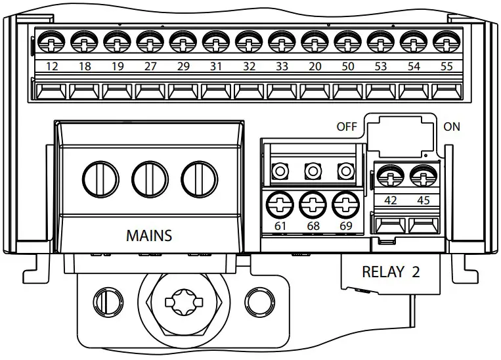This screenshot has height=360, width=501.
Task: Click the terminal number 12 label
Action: coord(52,66)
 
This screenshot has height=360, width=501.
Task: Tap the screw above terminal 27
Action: coord(150,42)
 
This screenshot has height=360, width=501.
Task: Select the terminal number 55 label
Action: coord(447,66)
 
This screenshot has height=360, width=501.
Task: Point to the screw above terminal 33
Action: coord(282,42)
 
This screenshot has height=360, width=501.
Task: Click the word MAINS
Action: coord(149,235)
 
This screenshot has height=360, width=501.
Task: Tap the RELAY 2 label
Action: coord(391,271)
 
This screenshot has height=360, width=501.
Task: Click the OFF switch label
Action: coord(346,127)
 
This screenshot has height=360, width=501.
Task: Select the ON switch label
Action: coord(452,127)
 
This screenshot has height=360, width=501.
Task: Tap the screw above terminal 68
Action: coord(313,204)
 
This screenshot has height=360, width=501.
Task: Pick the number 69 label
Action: coord(345,227)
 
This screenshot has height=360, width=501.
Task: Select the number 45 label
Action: coord(424,200)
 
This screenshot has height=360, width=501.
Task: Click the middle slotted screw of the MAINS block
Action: coord(148,177)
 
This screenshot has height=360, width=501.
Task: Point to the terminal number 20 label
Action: coord(315,66)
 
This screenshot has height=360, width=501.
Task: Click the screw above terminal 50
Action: coord(347,42)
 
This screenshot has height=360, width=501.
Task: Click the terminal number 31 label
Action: coord(216,66)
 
